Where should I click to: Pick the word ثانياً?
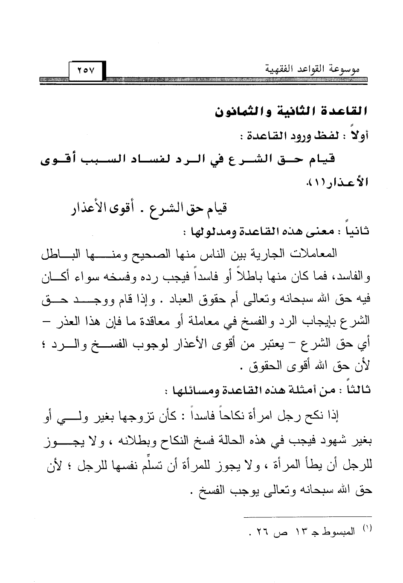tap(357, 232)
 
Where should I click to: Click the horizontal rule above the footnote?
tap(307, 517)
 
